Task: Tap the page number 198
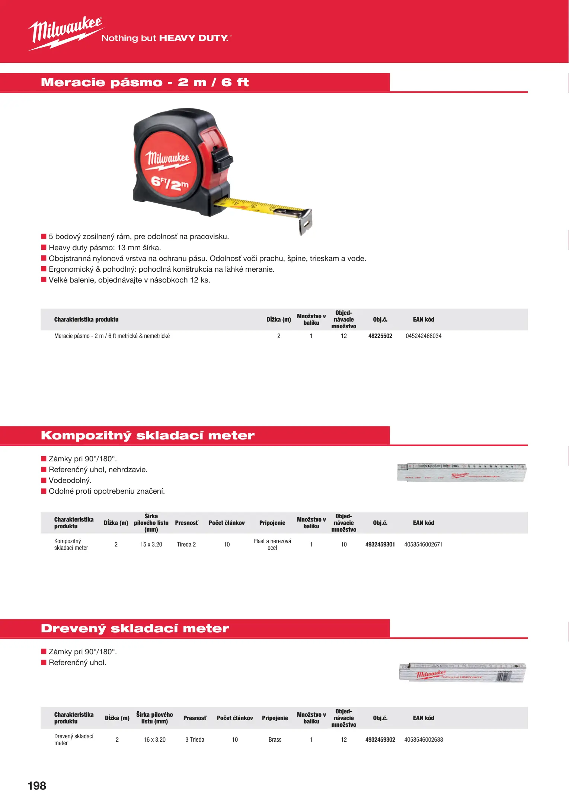(x=37, y=785)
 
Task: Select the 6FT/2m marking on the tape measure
(x=169, y=183)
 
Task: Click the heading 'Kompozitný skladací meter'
(x=148, y=435)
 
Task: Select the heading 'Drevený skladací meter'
(x=135, y=628)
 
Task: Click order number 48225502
(x=380, y=336)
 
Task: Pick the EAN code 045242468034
(x=423, y=336)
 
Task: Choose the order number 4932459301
(x=380, y=544)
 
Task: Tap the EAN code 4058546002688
(x=423, y=739)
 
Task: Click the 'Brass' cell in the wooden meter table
(x=275, y=739)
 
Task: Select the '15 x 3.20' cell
(x=151, y=544)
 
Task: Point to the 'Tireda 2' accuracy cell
(x=186, y=544)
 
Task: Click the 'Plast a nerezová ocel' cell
(x=272, y=544)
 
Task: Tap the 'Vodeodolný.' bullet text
(x=70, y=480)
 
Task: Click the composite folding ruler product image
(x=462, y=472)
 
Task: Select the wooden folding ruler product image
(x=463, y=672)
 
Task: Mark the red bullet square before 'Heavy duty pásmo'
(x=44, y=247)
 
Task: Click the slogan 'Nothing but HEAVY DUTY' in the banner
(x=166, y=38)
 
